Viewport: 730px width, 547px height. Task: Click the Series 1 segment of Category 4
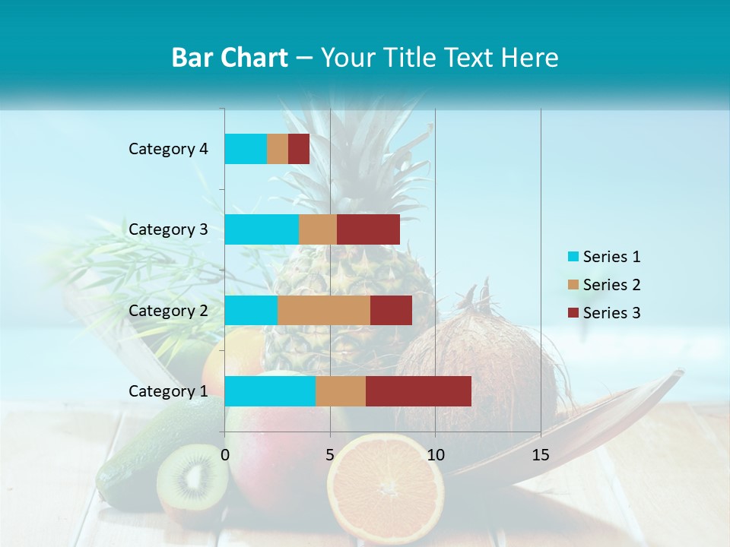(x=246, y=149)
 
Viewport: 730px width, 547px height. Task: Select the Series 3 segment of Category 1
(x=418, y=391)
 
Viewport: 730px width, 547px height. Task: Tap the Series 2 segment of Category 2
(x=324, y=310)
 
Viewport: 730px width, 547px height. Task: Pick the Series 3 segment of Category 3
(x=368, y=229)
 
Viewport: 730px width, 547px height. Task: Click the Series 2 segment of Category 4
(x=278, y=149)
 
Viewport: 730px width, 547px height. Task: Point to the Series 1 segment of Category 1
(x=270, y=391)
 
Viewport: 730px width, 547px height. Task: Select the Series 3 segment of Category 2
(x=391, y=310)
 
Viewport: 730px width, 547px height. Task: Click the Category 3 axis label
(x=168, y=229)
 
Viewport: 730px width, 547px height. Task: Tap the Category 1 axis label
(x=168, y=391)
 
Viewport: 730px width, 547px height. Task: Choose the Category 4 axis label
(x=168, y=149)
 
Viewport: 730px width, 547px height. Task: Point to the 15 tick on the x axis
(x=541, y=455)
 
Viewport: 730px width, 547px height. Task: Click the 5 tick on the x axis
(x=330, y=455)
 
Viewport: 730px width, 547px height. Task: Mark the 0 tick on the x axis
(x=225, y=455)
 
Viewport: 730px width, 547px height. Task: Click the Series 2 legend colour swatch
(x=573, y=285)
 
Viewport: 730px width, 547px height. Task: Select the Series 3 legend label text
(x=611, y=313)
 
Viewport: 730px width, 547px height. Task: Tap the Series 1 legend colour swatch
(x=573, y=257)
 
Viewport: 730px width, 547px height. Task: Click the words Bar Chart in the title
(x=229, y=58)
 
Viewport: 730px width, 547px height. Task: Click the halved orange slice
(x=386, y=486)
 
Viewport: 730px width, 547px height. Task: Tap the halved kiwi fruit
(x=192, y=479)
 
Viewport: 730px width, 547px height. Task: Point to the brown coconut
(x=487, y=365)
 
